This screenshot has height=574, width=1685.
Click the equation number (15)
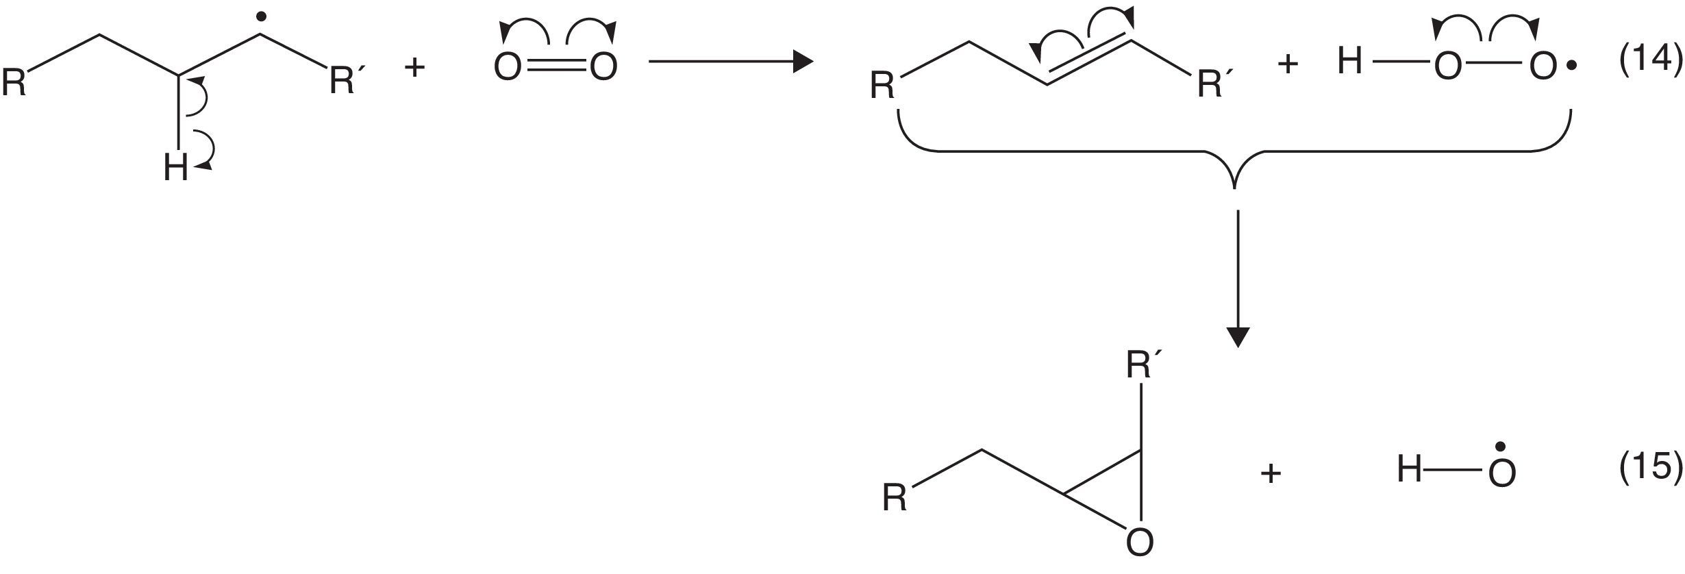pos(1649,467)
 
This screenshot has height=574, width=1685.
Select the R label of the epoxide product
pos(895,498)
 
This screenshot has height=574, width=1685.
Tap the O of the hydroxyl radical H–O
pos(1502,473)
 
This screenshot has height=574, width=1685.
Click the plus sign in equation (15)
pos(1271,473)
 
